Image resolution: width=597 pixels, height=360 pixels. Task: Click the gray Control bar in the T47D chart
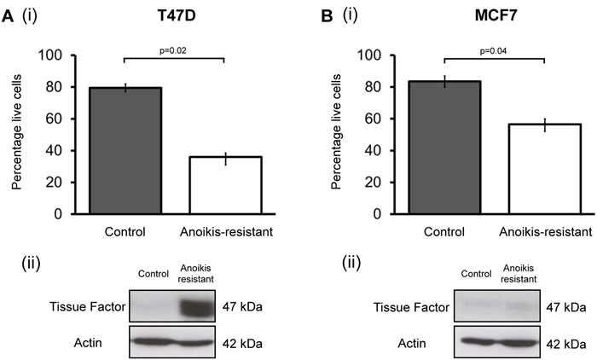(x=125, y=150)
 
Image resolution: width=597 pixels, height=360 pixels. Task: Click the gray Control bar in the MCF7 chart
(x=444, y=147)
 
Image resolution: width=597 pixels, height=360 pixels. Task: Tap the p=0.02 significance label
(x=174, y=52)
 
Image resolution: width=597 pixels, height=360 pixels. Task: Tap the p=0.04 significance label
(x=495, y=52)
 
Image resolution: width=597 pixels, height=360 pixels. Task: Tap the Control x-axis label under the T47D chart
(x=125, y=231)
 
